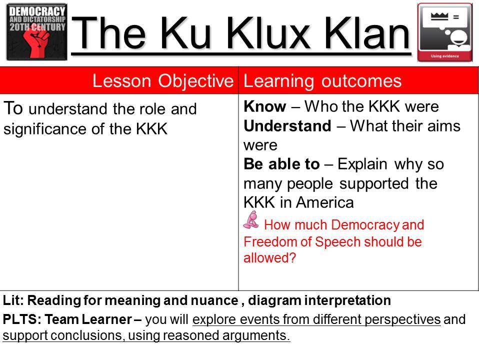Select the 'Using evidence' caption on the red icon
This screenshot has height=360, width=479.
[x=445, y=56]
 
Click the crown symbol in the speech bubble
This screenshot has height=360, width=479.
[x=439, y=16]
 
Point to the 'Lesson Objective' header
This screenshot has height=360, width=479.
[x=163, y=81]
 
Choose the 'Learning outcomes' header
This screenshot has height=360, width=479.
[x=322, y=81]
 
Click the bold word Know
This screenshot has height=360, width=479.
[x=265, y=106]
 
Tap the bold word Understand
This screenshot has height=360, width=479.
[x=287, y=125]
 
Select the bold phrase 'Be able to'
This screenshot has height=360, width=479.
[x=281, y=164]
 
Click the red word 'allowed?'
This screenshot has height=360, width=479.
[x=269, y=257]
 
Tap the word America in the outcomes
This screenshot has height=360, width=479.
[x=324, y=202]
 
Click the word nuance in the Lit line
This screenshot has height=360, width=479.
[x=214, y=300]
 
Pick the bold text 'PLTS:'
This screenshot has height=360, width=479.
[x=22, y=319]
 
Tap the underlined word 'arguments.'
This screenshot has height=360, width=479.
[x=256, y=335]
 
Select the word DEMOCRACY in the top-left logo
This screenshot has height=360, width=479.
[x=37, y=11]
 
